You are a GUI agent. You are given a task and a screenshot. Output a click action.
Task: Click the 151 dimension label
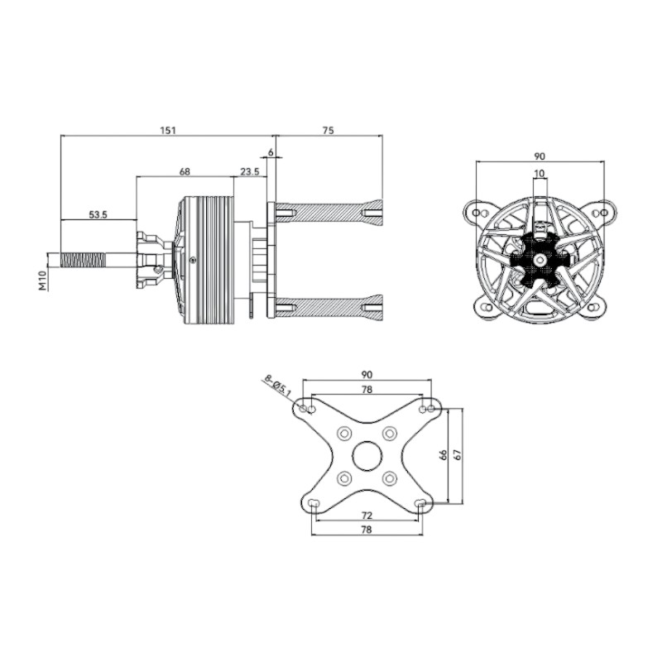point(168,130)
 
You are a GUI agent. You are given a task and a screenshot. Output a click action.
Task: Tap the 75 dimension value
point(328,130)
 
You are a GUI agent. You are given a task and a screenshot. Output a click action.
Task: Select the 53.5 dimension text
point(98,214)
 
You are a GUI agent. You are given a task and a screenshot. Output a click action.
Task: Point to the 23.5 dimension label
point(250,171)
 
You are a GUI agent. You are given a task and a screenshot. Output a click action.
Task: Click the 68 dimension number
point(185,171)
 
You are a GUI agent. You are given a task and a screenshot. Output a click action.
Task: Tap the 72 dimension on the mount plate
point(367,516)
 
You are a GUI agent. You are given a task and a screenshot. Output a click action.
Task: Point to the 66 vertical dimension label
point(443,454)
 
